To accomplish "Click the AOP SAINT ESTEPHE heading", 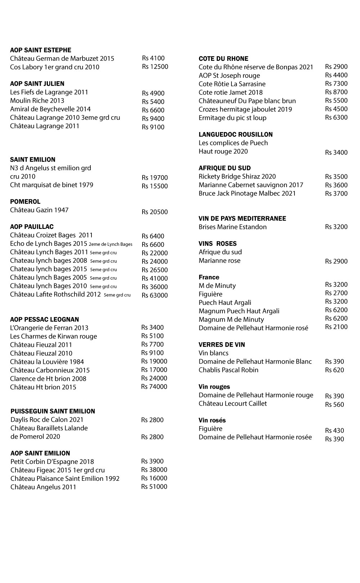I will tap(41, 50).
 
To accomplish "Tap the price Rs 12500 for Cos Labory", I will tap(155, 67).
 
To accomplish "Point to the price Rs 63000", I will tap(155, 295).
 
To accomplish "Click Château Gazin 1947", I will tap(39, 210).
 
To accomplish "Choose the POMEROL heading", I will tap(25, 202).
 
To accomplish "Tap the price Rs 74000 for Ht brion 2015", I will tap(154, 387).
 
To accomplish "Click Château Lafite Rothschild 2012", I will tap(55, 295).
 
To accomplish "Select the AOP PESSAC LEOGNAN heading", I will tap(45, 320).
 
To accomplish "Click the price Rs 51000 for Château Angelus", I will tap(154, 487).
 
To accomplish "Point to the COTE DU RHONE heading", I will tap(224, 59).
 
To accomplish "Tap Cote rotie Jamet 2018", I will tap(231, 92).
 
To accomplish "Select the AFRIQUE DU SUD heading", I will tap(225, 168).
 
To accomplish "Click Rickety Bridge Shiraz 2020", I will tap(237, 177).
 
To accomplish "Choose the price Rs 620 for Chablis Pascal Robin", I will tap(334, 370).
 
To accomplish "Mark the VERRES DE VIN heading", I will tap(222, 345).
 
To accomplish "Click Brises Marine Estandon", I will tap(233, 227).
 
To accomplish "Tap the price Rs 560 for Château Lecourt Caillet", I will tap(334, 405).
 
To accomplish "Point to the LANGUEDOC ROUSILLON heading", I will tap(236, 135).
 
